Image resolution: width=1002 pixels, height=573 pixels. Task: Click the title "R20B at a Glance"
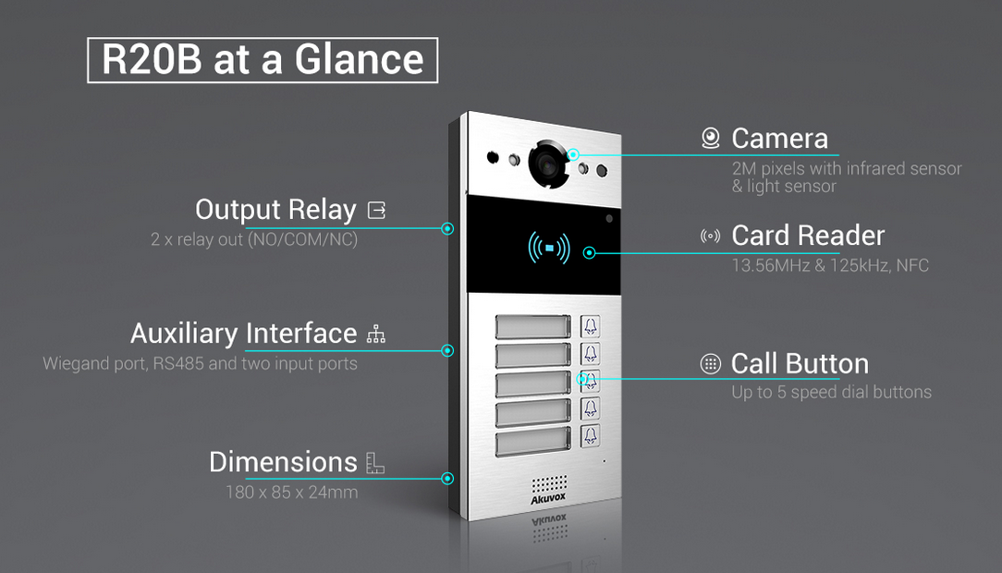tap(263, 60)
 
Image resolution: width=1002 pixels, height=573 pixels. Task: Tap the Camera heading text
tap(779, 139)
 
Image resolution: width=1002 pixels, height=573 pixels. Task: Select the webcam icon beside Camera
tap(710, 139)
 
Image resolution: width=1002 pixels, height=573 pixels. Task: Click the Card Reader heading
tap(808, 236)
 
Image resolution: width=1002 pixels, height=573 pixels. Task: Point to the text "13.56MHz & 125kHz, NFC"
tap(830, 265)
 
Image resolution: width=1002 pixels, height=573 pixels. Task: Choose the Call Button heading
tap(800, 363)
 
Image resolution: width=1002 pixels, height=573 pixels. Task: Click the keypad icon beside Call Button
tap(710, 363)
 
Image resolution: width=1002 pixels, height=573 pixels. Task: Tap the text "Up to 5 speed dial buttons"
tap(831, 392)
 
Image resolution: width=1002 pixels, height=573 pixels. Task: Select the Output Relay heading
tap(275, 210)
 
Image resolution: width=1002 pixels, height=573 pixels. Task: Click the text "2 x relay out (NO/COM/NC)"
tap(254, 239)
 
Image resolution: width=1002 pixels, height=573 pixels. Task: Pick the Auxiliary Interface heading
tap(243, 333)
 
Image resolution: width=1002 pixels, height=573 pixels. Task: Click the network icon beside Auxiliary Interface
tap(375, 334)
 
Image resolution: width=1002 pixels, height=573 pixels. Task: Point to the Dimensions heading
tap(283, 461)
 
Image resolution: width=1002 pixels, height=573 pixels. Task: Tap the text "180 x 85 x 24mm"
tap(291, 492)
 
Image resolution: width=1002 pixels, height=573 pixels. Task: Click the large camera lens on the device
tap(546, 164)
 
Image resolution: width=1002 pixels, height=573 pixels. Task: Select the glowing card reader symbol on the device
tap(549, 248)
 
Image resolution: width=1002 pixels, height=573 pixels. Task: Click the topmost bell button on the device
tap(590, 326)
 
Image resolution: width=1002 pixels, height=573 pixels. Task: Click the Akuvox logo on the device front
tap(549, 500)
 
